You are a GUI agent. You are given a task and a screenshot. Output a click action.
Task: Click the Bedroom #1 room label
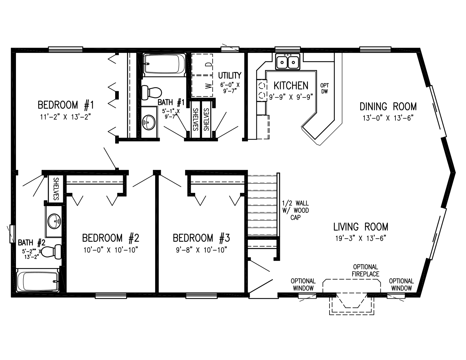point(66,105)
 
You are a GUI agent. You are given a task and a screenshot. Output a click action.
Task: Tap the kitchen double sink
point(288,62)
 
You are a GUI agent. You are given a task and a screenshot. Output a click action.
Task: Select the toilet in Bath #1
point(151,93)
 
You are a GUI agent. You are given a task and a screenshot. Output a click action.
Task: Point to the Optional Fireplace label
point(365,270)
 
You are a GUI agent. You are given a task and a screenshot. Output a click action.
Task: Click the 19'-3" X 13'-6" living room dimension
point(361,238)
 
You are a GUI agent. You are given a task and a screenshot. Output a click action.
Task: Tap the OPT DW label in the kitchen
point(325,88)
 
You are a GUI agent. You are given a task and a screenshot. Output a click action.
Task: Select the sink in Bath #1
point(149,122)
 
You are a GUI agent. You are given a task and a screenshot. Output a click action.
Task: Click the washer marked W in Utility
point(202,86)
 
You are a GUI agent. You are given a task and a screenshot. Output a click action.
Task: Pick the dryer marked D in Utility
point(202,64)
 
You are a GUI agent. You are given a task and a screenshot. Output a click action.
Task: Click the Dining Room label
point(388,107)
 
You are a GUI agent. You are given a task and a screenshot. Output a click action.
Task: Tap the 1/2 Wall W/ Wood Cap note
point(296,210)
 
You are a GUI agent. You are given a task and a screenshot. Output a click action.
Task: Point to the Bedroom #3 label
point(201,238)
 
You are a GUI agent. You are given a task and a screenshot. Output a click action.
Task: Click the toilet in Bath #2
point(51,252)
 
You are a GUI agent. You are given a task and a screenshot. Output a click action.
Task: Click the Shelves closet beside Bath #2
point(55,188)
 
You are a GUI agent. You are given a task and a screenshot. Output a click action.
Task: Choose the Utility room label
point(230,76)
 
